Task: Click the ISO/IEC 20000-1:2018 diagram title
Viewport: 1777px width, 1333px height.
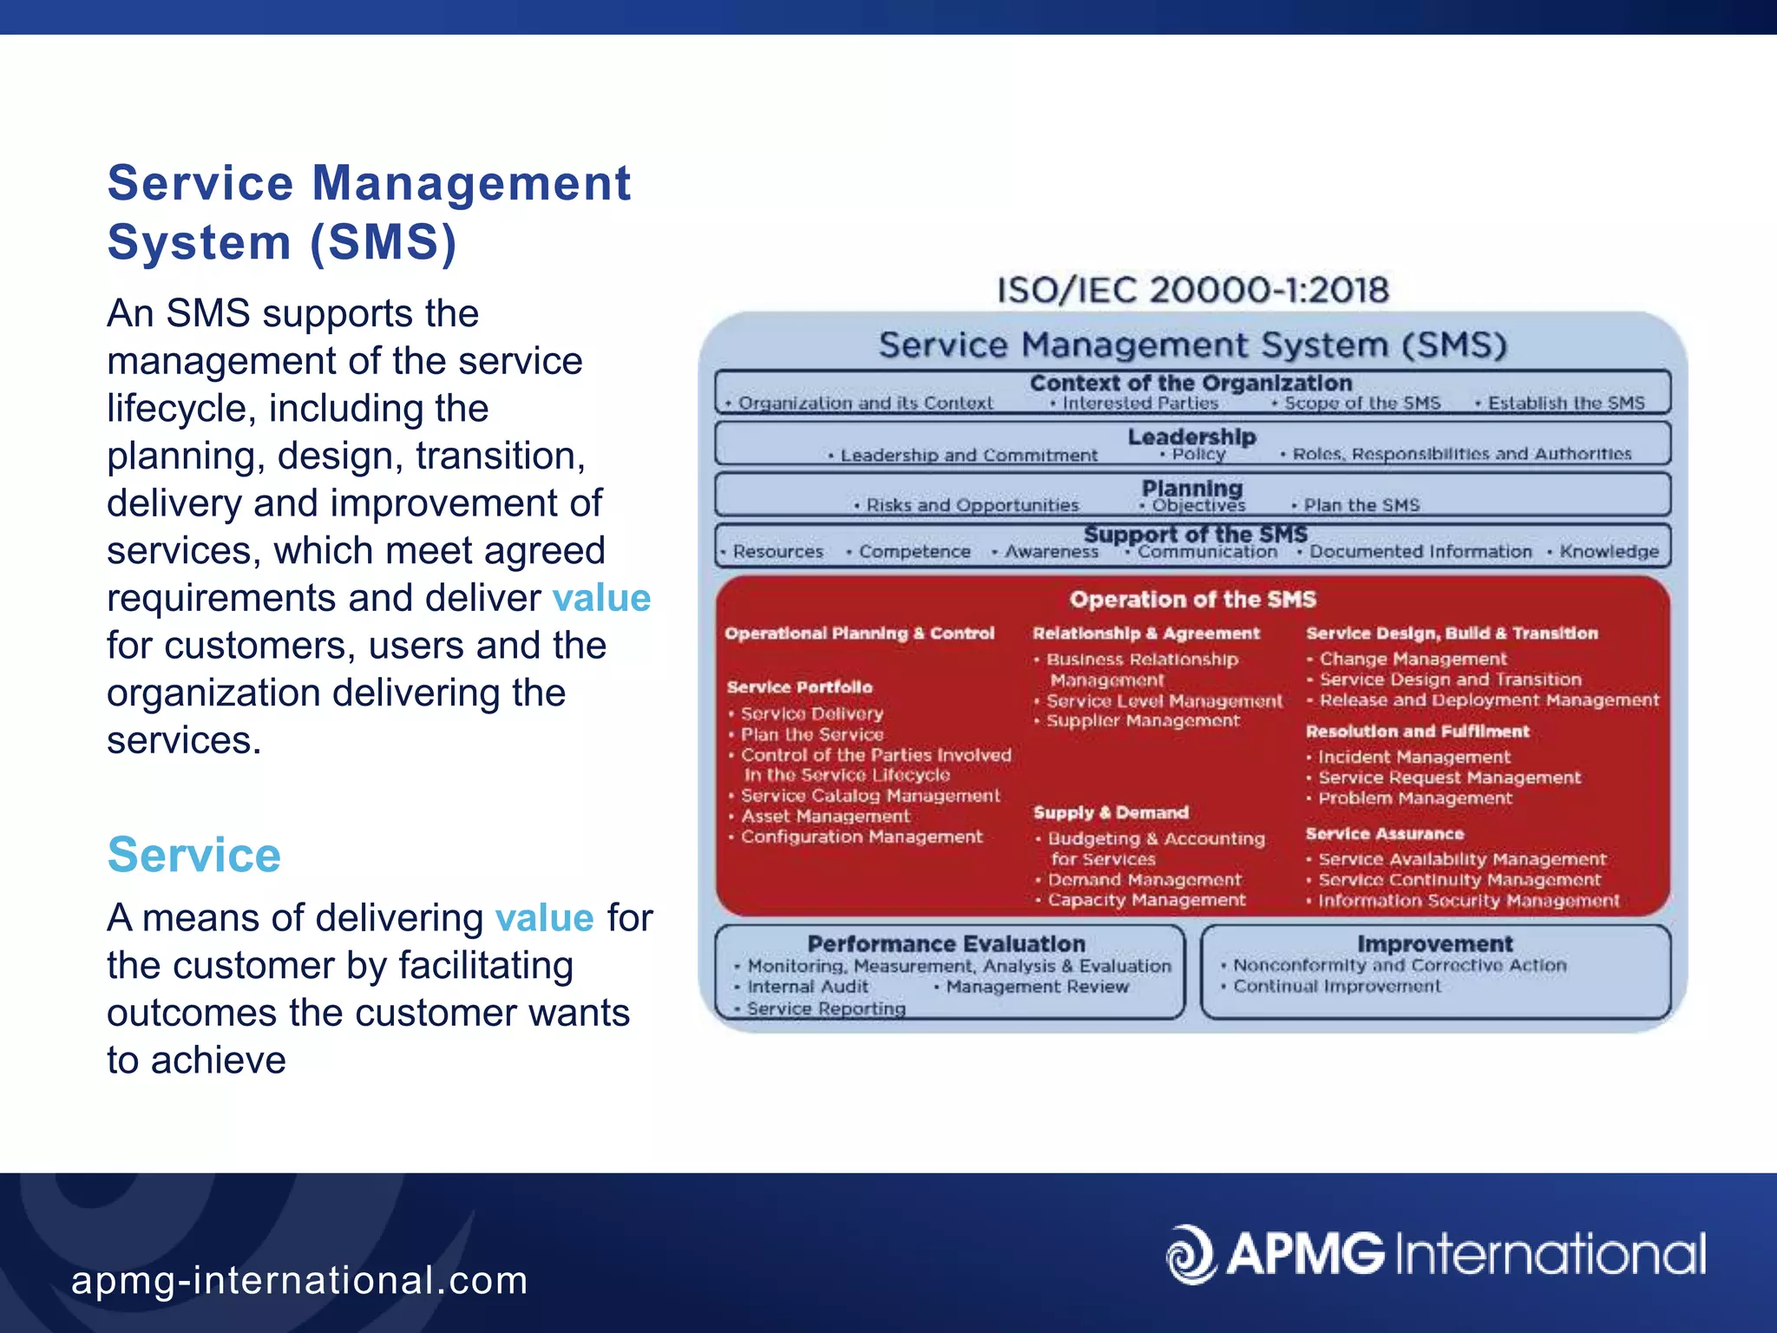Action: (x=1192, y=290)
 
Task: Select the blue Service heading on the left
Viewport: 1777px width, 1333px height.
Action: (x=193, y=855)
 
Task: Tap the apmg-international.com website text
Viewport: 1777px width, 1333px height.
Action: (x=299, y=1280)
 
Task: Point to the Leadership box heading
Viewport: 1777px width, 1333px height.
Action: (x=1191, y=437)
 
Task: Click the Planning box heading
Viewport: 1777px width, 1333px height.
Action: (x=1191, y=488)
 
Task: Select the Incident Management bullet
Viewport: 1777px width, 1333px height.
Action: (x=1413, y=758)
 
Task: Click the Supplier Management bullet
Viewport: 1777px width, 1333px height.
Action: (x=1142, y=721)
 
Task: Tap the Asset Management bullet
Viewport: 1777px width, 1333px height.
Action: (x=824, y=817)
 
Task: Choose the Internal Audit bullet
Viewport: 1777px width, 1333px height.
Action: (x=807, y=987)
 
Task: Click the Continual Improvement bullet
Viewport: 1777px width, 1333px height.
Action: (x=1336, y=987)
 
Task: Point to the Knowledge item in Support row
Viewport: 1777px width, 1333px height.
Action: (x=1608, y=552)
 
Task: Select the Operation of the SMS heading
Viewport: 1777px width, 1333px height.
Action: (x=1192, y=600)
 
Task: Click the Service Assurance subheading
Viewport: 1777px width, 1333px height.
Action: (x=1384, y=834)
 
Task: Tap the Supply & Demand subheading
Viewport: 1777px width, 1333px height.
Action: (x=1111, y=813)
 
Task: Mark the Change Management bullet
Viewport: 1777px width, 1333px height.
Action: (x=1413, y=660)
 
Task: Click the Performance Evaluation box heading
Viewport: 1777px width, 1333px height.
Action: (x=946, y=944)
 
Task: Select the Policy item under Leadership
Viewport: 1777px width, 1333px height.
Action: (x=1197, y=455)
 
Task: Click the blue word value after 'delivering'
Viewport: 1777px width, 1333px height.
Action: (x=544, y=918)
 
